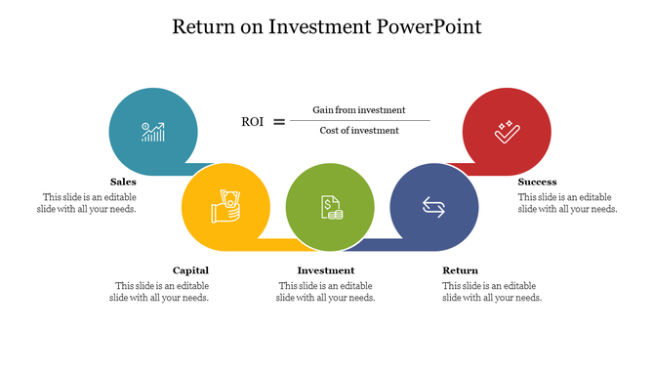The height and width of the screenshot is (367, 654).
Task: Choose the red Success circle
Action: pyautogui.click(x=504, y=129)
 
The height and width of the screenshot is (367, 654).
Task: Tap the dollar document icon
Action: pyautogui.click(x=331, y=206)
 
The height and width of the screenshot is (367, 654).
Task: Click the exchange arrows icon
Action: pyautogui.click(x=431, y=205)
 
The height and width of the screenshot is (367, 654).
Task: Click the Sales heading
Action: pyautogui.click(x=123, y=182)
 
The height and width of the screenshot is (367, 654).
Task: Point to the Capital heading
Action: pyautogui.click(x=190, y=270)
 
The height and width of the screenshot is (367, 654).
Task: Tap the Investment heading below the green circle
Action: pyautogui.click(x=326, y=270)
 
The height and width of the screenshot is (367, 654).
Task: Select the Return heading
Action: pyautogui.click(x=460, y=270)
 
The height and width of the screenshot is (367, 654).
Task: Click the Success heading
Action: pyautogui.click(x=537, y=182)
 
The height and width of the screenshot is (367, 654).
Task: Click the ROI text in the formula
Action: pyautogui.click(x=252, y=122)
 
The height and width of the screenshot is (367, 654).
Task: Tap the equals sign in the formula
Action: pyautogui.click(x=279, y=122)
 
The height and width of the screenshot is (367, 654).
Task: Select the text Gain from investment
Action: pyautogui.click(x=359, y=110)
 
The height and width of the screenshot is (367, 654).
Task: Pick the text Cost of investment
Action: pyautogui.click(x=359, y=131)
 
